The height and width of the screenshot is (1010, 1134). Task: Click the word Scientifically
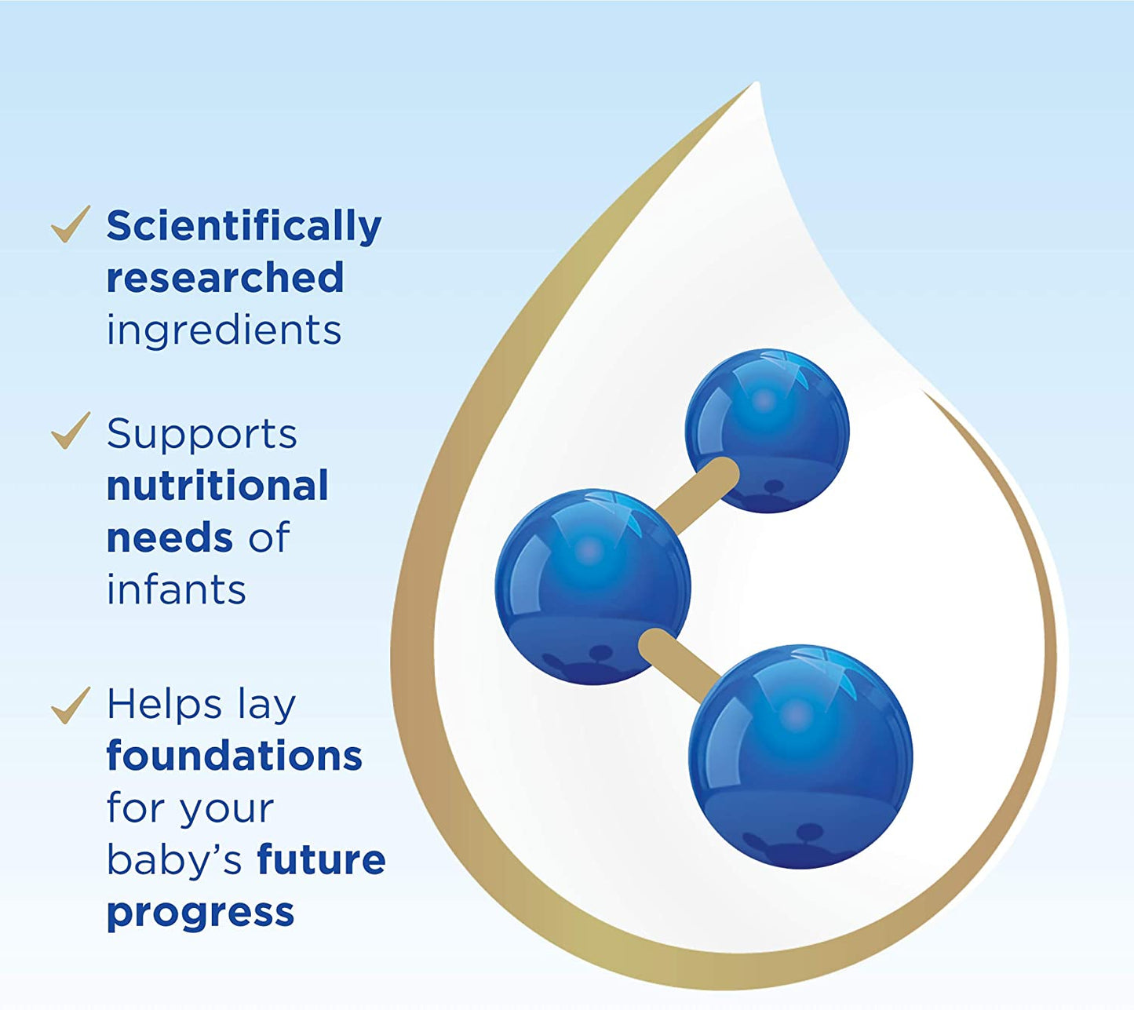tap(244, 227)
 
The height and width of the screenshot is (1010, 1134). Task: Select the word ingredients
tap(224, 331)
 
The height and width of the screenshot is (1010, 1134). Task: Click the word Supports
tap(202, 436)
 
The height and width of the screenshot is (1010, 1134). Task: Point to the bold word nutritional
tap(217, 486)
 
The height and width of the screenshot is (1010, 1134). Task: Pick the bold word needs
tap(169, 538)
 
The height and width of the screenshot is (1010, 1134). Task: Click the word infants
tap(177, 589)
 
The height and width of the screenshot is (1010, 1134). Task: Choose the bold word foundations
tap(234, 755)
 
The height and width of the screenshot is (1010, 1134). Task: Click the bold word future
tap(321, 860)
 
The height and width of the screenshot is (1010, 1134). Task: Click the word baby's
tap(175, 860)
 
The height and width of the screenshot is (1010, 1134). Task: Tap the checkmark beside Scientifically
tap(71, 225)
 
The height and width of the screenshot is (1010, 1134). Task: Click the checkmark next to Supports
tap(71, 431)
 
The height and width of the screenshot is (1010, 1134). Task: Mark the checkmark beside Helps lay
tap(71, 706)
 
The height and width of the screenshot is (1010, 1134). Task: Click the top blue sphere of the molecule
tap(768, 431)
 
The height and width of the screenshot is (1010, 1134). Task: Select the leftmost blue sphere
tap(593, 587)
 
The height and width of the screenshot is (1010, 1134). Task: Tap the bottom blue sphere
tap(800, 757)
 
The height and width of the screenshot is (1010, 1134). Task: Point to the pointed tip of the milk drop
tap(757, 83)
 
